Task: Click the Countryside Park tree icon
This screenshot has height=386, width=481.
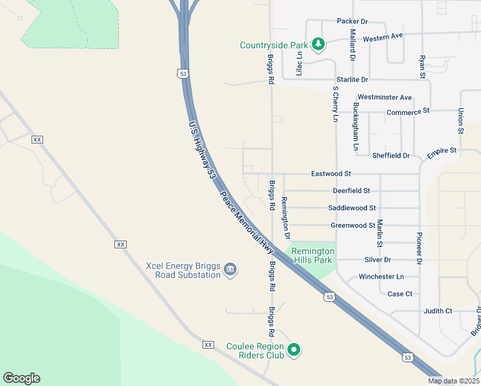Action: click(x=318, y=44)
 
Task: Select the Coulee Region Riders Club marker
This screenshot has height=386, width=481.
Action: click(x=294, y=351)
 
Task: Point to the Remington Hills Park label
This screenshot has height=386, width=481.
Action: click(x=313, y=255)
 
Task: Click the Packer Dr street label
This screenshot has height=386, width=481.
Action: click(x=352, y=21)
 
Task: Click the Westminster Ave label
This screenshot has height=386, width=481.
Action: click(x=385, y=97)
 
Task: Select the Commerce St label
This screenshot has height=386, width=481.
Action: click(x=408, y=111)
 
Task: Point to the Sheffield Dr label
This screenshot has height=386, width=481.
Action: click(x=391, y=156)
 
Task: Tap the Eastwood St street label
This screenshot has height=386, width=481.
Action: click(x=331, y=174)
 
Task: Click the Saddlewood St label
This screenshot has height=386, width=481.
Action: click(x=352, y=208)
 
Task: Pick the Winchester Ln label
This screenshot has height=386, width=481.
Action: click(x=381, y=277)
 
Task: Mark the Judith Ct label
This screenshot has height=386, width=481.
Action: click(x=438, y=311)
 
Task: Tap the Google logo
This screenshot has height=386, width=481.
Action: click(x=21, y=378)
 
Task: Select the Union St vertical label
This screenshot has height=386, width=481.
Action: click(x=461, y=121)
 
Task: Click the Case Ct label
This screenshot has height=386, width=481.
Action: click(x=400, y=294)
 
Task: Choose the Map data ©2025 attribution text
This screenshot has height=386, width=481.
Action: click(x=454, y=381)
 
